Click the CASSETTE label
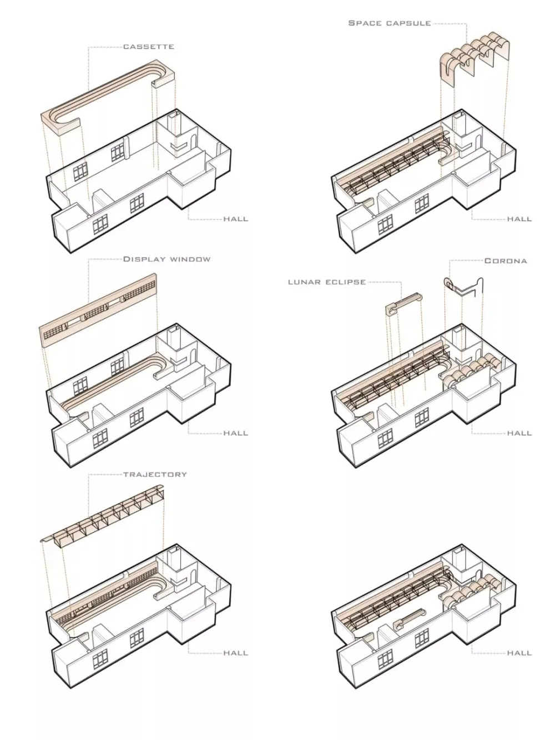click(x=148, y=47)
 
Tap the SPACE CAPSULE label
click(x=389, y=23)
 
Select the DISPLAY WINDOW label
click(x=167, y=259)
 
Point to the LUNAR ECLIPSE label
click(x=326, y=282)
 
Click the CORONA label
click(x=506, y=261)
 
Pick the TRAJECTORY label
click(x=155, y=474)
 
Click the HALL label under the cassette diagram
click(x=235, y=219)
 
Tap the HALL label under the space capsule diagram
click(x=519, y=219)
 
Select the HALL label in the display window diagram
click(x=235, y=433)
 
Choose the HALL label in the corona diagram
click(x=519, y=433)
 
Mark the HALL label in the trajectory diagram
click(x=235, y=653)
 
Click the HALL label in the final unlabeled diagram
click(x=519, y=653)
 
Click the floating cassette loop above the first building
click(x=108, y=100)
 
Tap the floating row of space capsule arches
click(x=475, y=58)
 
